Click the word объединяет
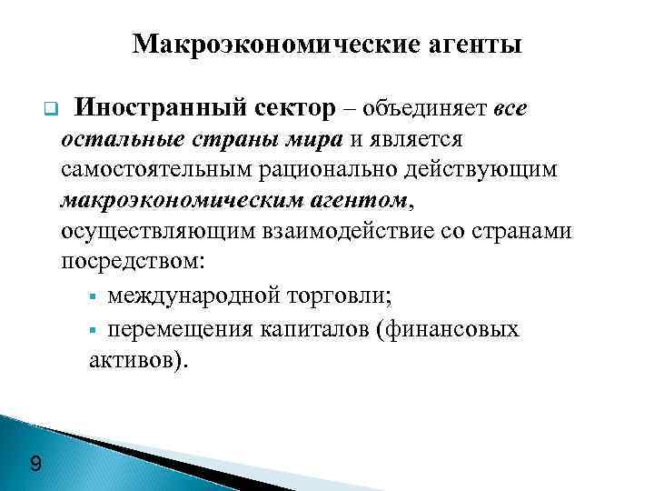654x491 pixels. click(x=426, y=110)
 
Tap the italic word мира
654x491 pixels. click(x=313, y=139)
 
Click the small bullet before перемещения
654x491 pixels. click(x=94, y=329)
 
